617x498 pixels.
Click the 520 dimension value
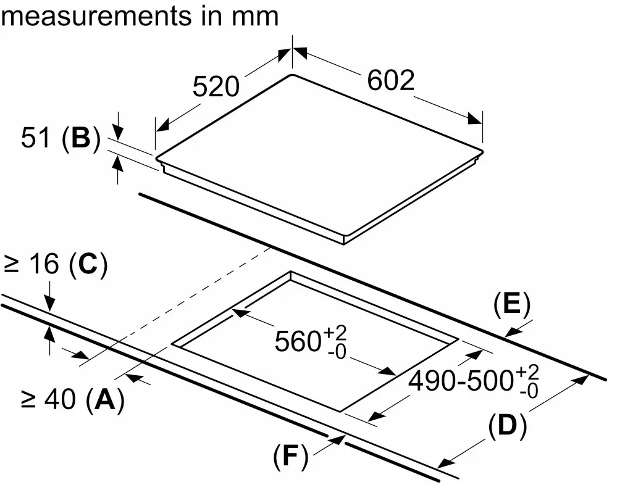(x=216, y=87)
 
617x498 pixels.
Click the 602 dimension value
(x=390, y=80)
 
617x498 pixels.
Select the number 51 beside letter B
(x=35, y=139)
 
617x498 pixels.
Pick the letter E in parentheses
(x=511, y=304)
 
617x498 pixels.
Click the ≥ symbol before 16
(x=12, y=265)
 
